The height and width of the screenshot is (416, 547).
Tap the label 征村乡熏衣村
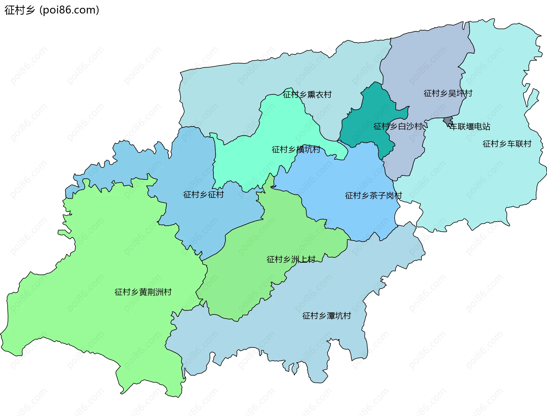(x=307, y=94)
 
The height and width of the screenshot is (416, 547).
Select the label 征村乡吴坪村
(x=448, y=93)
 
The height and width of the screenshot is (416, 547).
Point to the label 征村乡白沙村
(x=398, y=126)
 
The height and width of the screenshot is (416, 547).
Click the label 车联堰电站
(x=470, y=127)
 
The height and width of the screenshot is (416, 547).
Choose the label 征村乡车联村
(x=507, y=144)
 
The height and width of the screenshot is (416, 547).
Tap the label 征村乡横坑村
(x=296, y=149)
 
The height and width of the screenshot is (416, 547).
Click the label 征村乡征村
(x=203, y=195)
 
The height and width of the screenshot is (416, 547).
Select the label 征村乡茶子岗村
(x=373, y=195)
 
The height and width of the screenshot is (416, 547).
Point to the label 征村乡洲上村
(x=291, y=259)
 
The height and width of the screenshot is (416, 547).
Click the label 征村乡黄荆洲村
(x=143, y=292)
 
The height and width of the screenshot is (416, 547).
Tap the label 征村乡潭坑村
(x=326, y=316)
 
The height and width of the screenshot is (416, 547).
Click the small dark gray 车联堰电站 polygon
(x=448, y=121)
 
